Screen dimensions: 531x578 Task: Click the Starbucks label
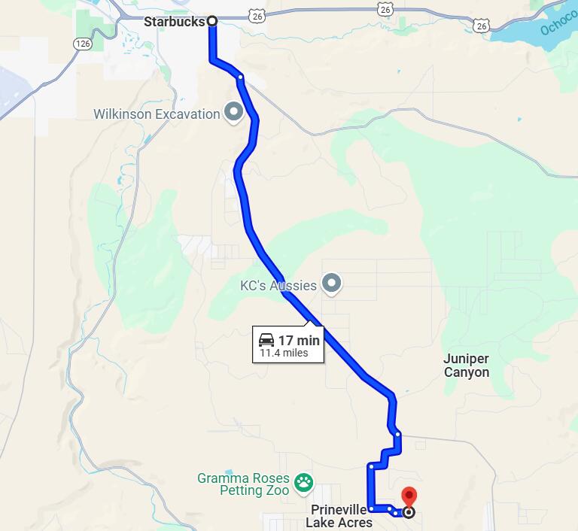click(x=174, y=22)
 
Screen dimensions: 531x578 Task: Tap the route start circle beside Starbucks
click(x=212, y=21)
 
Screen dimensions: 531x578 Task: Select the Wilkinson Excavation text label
click(x=157, y=114)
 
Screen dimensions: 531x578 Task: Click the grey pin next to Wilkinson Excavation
click(x=234, y=113)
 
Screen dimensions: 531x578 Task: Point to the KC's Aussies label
click(x=278, y=286)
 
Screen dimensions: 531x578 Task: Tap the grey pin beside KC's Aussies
click(x=332, y=284)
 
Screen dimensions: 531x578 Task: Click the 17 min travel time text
click(x=299, y=341)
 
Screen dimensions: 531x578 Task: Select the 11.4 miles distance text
click(x=284, y=353)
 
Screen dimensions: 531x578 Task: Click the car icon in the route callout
click(x=266, y=340)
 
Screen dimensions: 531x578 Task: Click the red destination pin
click(x=409, y=496)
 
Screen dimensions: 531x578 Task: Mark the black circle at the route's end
click(x=409, y=513)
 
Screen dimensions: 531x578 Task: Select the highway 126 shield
click(x=83, y=44)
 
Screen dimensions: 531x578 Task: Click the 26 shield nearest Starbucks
click(x=257, y=15)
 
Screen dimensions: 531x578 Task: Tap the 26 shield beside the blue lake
click(x=482, y=26)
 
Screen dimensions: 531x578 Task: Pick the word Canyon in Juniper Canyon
click(x=467, y=372)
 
